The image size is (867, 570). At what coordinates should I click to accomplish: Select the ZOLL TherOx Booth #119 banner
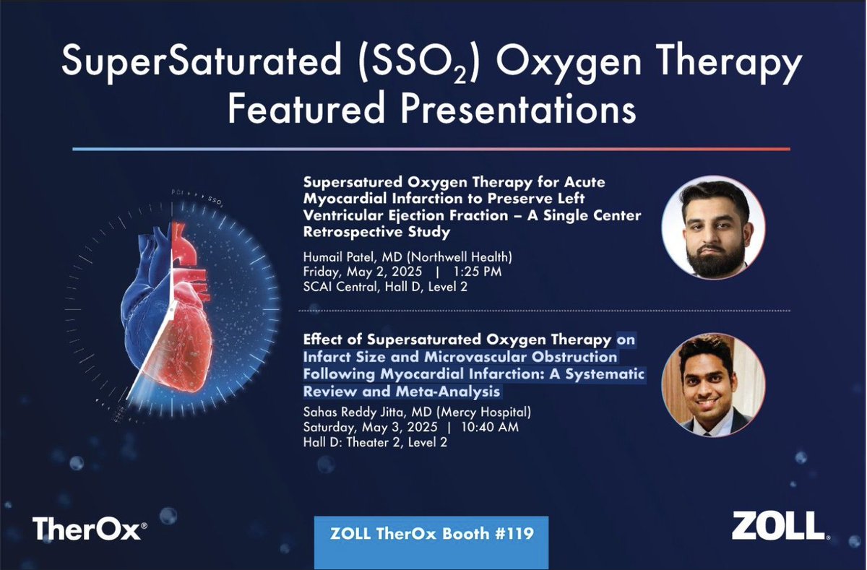click(x=431, y=535)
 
